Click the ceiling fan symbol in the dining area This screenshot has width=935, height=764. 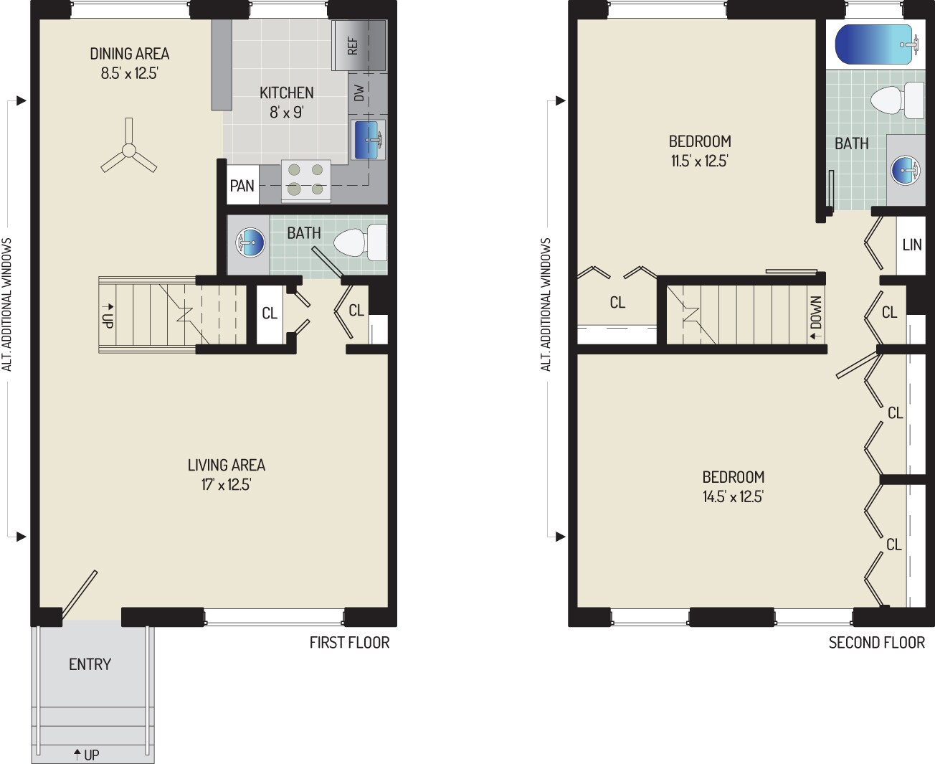tap(129, 151)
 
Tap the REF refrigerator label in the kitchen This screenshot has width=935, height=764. tap(353, 47)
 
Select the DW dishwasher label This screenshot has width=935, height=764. tap(359, 93)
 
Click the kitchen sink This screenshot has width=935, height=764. tap(369, 139)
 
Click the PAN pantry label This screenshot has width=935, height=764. tap(242, 186)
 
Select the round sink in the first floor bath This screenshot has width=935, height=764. tap(248, 242)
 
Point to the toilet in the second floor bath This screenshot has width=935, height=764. tap(896, 100)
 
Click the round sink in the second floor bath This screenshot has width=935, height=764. tap(906, 171)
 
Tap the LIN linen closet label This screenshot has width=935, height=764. tap(911, 245)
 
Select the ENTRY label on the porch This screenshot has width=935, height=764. tap(90, 664)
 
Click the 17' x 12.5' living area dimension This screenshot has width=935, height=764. tap(226, 485)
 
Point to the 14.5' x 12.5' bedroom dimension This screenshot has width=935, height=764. tap(733, 496)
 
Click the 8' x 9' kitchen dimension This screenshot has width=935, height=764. tap(286, 112)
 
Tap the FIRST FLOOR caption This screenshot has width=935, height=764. tap(349, 643)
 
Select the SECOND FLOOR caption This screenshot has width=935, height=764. tap(876, 643)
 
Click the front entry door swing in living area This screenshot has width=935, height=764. tap(80, 594)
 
